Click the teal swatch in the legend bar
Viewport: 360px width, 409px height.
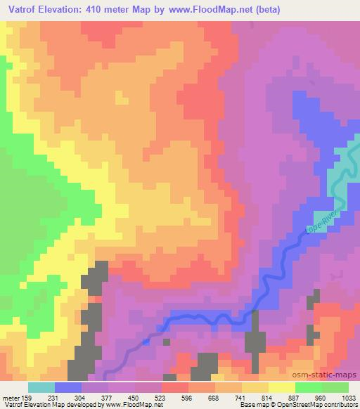(41, 387)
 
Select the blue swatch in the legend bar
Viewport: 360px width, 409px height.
(68, 387)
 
